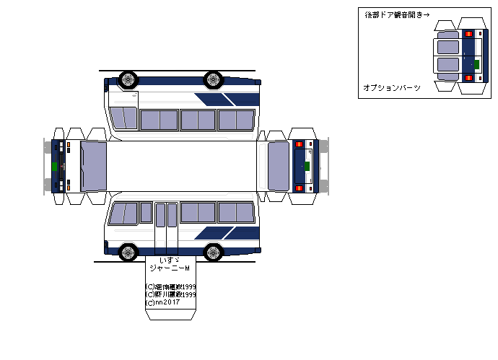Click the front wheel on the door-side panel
point(127,252)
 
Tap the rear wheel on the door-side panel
point(213,252)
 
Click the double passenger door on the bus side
point(166,224)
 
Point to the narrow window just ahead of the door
point(146,212)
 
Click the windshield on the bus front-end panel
point(94,166)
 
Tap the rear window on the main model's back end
point(278,166)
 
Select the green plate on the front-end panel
point(55,166)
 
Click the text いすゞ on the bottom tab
point(169,260)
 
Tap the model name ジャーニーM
point(169,268)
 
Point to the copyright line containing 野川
point(171,294)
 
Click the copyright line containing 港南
point(171,286)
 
